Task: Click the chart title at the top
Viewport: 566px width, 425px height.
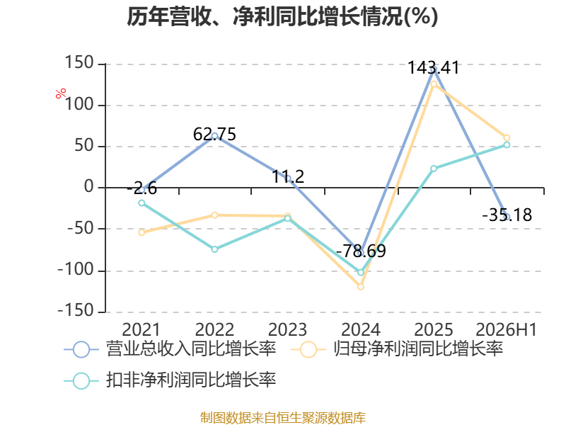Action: (282, 17)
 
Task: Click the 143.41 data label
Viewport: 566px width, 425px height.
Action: (433, 67)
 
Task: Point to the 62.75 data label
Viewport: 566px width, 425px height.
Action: (214, 134)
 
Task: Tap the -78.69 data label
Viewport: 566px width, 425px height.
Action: (361, 251)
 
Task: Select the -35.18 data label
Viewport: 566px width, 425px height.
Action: (507, 215)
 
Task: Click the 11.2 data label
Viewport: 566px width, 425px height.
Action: (288, 176)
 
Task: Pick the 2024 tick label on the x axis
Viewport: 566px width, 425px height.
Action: (361, 329)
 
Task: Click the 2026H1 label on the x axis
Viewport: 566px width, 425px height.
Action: (507, 329)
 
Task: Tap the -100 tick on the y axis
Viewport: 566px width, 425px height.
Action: (76, 270)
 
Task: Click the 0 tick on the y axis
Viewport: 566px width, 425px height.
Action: (89, 187)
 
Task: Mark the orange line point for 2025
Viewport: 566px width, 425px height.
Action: (434, 84)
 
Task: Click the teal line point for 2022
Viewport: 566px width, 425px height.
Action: (214, 249)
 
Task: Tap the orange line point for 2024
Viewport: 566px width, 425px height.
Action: (361, 287)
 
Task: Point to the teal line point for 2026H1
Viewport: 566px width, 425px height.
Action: (507, 144)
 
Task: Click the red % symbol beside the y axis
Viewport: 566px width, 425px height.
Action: (61, 93)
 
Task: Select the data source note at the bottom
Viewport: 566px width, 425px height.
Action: (282, 418)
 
